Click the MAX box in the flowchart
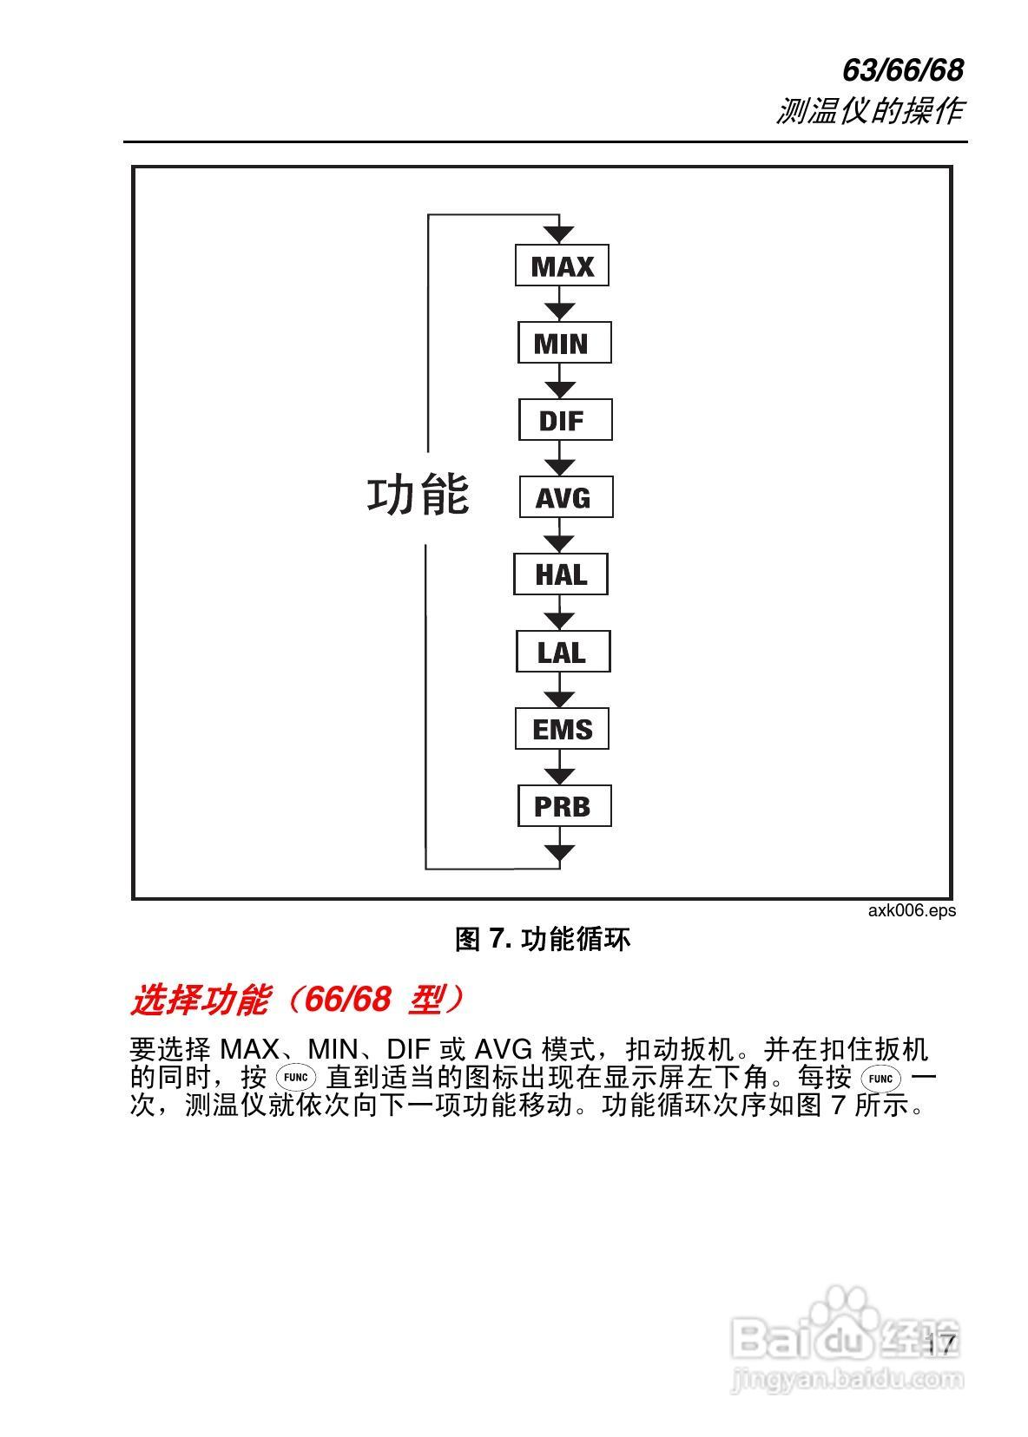tap(562, 266)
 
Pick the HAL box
tap(560, 574)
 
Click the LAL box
tap(563, 651)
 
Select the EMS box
tap(562, 728)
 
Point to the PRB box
tap(564, 805)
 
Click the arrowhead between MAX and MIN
tap(560, 310)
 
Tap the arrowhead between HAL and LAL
tap(560, 619)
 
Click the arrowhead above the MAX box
tap(560, 233)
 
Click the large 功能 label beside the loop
tap(418, 495)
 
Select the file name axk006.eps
tap(911, 910)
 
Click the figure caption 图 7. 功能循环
tap(543, 938)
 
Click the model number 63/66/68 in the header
tap(903, 70)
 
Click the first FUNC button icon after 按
tap(296, 1078)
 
